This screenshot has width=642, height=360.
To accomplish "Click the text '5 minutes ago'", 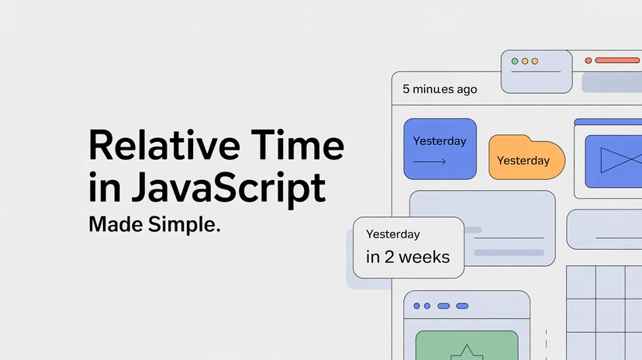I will (440, 89).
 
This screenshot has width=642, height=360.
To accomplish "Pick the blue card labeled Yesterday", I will (440, 149).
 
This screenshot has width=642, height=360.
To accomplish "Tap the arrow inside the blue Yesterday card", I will (429, 162).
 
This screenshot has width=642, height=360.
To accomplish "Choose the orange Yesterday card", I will (526, 157).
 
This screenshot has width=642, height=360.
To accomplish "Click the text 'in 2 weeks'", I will (408, 257).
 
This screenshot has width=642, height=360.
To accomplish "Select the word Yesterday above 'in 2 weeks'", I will (392, 234).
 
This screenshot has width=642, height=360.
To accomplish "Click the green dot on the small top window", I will (514, 61).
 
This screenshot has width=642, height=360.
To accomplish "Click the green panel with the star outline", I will (466, 345).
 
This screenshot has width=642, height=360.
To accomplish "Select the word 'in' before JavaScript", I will (101, 188).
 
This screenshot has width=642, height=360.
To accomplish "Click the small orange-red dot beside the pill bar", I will (588, 60).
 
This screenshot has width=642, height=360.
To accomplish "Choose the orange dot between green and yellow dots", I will (524, 61).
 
